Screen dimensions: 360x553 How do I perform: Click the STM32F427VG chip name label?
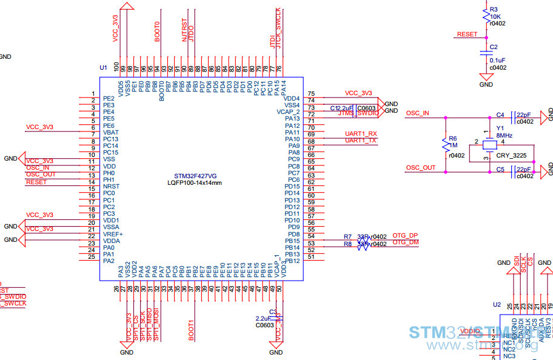point(195,175)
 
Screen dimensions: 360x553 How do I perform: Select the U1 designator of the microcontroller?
point(103,67)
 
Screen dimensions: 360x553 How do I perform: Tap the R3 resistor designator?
point(494,10)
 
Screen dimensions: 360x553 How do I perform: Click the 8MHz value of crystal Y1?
point(504,136)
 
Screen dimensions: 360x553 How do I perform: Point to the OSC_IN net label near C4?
point(417,113)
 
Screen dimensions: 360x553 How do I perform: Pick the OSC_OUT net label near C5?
point(420,168)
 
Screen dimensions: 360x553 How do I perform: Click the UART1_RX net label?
point(361,133)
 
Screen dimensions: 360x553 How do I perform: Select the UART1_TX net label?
point(361,141)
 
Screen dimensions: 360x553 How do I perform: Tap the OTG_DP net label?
point(405,236)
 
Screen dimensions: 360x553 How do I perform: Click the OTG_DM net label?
point(405,243)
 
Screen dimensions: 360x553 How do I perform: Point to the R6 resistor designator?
point(453,139)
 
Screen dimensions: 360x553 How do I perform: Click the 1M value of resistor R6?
point(453,146)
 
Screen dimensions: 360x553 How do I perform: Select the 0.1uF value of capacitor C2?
point(497,60)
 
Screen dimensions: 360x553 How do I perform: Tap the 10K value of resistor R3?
point(495,17)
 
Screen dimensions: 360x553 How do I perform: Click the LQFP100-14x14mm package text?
point(195,182)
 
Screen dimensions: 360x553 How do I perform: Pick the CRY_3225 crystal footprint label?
point(511,156)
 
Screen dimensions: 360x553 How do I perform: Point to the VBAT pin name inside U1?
point(111,132)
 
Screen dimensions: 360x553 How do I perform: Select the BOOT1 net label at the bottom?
point(191,331)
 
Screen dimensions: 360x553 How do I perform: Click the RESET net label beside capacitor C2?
point(467,35)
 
